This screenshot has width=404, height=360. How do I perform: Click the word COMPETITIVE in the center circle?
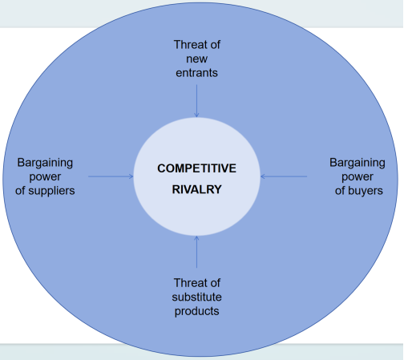pyautogui.click(x=196, y=168)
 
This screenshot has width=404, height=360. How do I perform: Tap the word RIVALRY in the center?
pyautogui.click(x=197, y=189)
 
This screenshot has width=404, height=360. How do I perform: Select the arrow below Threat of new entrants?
pyautogui.click(x=196, y=101)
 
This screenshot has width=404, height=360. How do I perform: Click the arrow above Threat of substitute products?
pyautogui.click(x=196, y=252)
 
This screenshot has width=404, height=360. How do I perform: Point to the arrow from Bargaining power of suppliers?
pyautogui.click(x=111, y=176)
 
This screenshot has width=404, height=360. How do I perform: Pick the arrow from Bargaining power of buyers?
pyautogui.click(x=284, y=176)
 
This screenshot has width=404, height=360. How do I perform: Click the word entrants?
pyautogui.click(x=196, y=73)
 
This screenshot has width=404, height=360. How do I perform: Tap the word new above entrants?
pyautogui.click(x=196, y=59)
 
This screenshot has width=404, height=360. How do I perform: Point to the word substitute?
pyautogui.click(x=196, y=297)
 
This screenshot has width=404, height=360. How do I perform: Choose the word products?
pyautogui.click(x=196, y=311)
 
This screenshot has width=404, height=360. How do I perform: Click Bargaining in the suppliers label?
pyautogui.click(x=45, y=163)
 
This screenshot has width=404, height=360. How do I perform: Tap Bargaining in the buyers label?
pyautogui.click(x=358, y=163)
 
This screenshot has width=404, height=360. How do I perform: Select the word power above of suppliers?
pyautogui.click(x=45, y=177)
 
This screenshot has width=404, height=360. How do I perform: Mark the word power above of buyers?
pyautogui.click(x=358, y=177)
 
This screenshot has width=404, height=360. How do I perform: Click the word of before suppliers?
pyautogui.click(x=20, y=191)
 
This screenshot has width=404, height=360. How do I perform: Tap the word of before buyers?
pyautogui.click(x=340, y=191)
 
